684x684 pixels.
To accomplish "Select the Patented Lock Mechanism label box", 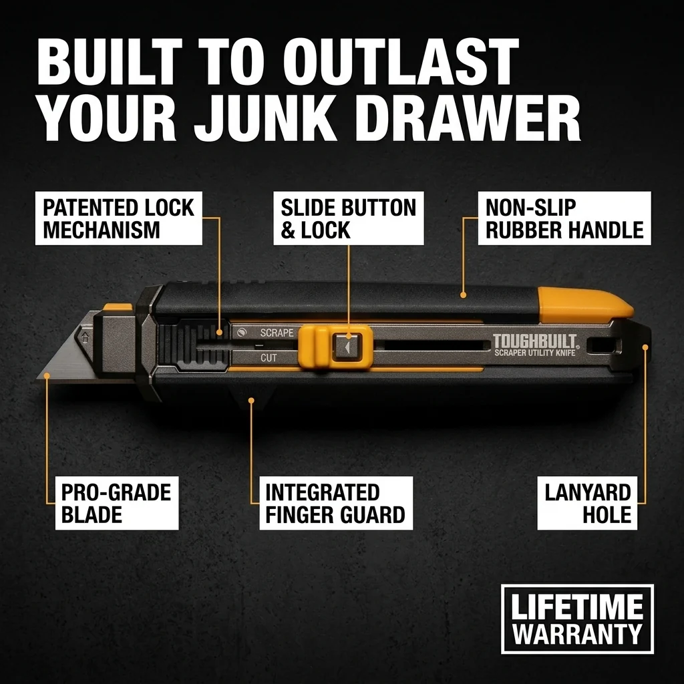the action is click(119, 218).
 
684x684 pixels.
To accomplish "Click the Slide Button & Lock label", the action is click(349, 218).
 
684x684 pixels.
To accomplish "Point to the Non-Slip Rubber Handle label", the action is click(564, 218).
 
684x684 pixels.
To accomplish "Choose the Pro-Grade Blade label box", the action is click(117, 503).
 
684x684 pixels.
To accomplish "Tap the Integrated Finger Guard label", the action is click(336, 503).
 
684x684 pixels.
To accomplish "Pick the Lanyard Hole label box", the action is click(587, 503).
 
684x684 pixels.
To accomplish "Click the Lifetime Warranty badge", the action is click(577, 619).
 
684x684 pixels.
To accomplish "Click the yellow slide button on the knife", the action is click(335, 347).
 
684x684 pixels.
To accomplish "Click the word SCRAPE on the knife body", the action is click(277, 333).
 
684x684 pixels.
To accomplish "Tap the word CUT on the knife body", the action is click(269, 358).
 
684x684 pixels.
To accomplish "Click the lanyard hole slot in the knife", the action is click(603, 346).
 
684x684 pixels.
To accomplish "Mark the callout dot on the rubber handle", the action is click(464, 295).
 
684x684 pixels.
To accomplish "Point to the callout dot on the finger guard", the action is click(251, 400).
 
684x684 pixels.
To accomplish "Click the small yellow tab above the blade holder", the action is click(118, 307).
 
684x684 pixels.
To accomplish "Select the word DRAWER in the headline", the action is click(468, 120).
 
